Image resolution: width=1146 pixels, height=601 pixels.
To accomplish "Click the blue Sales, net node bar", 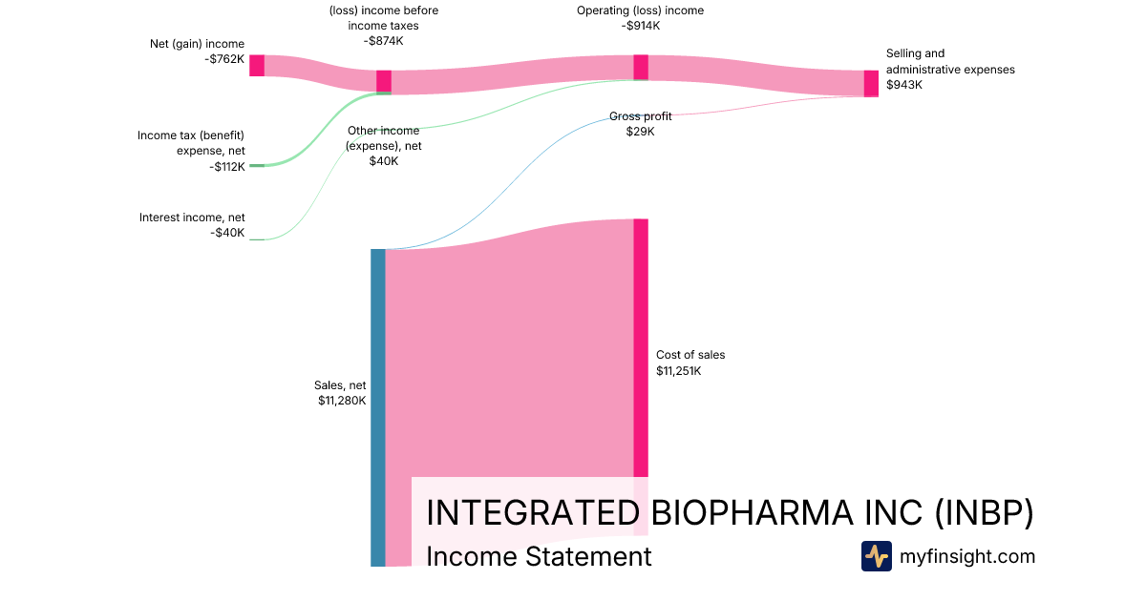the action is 377,407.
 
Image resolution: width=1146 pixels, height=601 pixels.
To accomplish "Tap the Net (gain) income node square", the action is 257,66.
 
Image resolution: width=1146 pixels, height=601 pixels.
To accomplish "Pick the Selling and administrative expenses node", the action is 871,84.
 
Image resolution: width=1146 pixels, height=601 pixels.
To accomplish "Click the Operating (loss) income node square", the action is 641,68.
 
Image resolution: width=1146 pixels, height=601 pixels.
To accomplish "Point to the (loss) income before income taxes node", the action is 384,82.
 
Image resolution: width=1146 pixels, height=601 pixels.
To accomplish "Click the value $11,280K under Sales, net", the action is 342,401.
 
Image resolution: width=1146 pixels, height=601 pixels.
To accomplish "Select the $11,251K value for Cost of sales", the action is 678,371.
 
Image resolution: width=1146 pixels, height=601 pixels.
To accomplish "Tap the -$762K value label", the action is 224,59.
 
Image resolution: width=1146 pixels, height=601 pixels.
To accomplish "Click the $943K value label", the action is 904,85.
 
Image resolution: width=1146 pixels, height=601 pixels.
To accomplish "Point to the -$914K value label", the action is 641,26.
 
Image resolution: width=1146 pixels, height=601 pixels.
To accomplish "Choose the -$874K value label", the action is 384,41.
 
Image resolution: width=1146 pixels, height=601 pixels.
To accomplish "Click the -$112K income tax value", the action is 227,167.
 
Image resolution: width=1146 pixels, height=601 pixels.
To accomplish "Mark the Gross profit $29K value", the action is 641,132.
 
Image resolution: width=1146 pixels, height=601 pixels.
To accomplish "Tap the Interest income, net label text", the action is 192,218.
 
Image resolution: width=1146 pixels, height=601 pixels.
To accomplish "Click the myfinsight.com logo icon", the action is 877,556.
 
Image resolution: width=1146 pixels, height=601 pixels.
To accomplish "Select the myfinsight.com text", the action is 967,556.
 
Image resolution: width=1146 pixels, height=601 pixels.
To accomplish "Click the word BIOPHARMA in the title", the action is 753,512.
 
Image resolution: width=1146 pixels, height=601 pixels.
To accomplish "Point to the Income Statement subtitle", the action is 539,556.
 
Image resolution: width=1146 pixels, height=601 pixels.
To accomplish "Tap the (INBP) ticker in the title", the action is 985,512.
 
